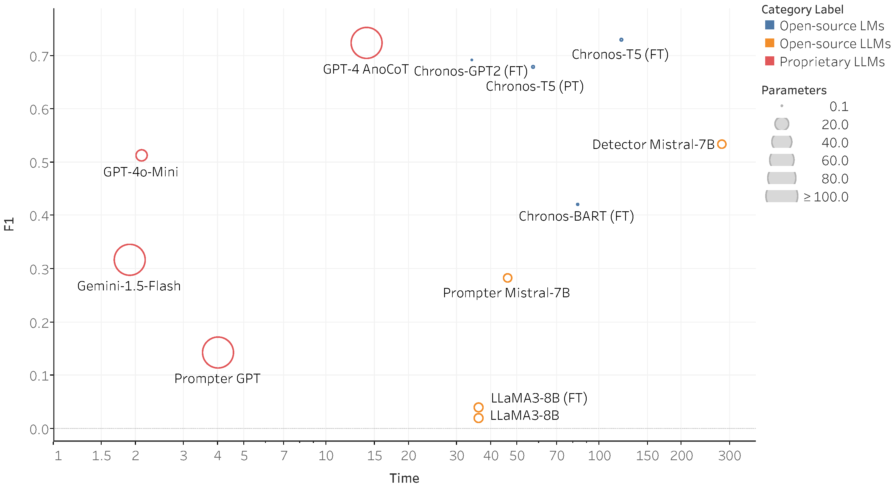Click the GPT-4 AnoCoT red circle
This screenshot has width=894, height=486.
[x=366, y=43]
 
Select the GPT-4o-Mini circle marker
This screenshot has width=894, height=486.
[x=141, y=155]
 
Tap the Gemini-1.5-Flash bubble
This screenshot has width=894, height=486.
[x=129, y=260]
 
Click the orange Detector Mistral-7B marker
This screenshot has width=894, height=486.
[x=722, y=144]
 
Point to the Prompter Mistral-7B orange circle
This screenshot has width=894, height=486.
[x=507, y=278]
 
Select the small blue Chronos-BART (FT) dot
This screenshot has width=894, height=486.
[x=578, y=204]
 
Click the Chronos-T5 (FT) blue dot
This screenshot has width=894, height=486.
[x=621, y=40]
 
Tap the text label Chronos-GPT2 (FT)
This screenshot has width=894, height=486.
[x=470, y=71]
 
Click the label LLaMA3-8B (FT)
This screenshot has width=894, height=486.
[x=539, y=398]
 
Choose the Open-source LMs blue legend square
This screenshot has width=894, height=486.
[x=769, y=25]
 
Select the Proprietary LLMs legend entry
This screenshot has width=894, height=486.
[x=832, y=62]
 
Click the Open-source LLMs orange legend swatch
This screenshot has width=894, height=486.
[x=769, y=43]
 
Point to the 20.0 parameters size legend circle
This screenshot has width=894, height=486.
[x=782, y=124]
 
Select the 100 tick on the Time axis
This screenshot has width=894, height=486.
[x=599, y=456]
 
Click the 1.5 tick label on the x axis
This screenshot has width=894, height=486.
[x=101, y=456]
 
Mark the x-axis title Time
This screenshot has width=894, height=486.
[x=404, y=478]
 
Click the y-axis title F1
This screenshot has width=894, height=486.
[x=9, y=224]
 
